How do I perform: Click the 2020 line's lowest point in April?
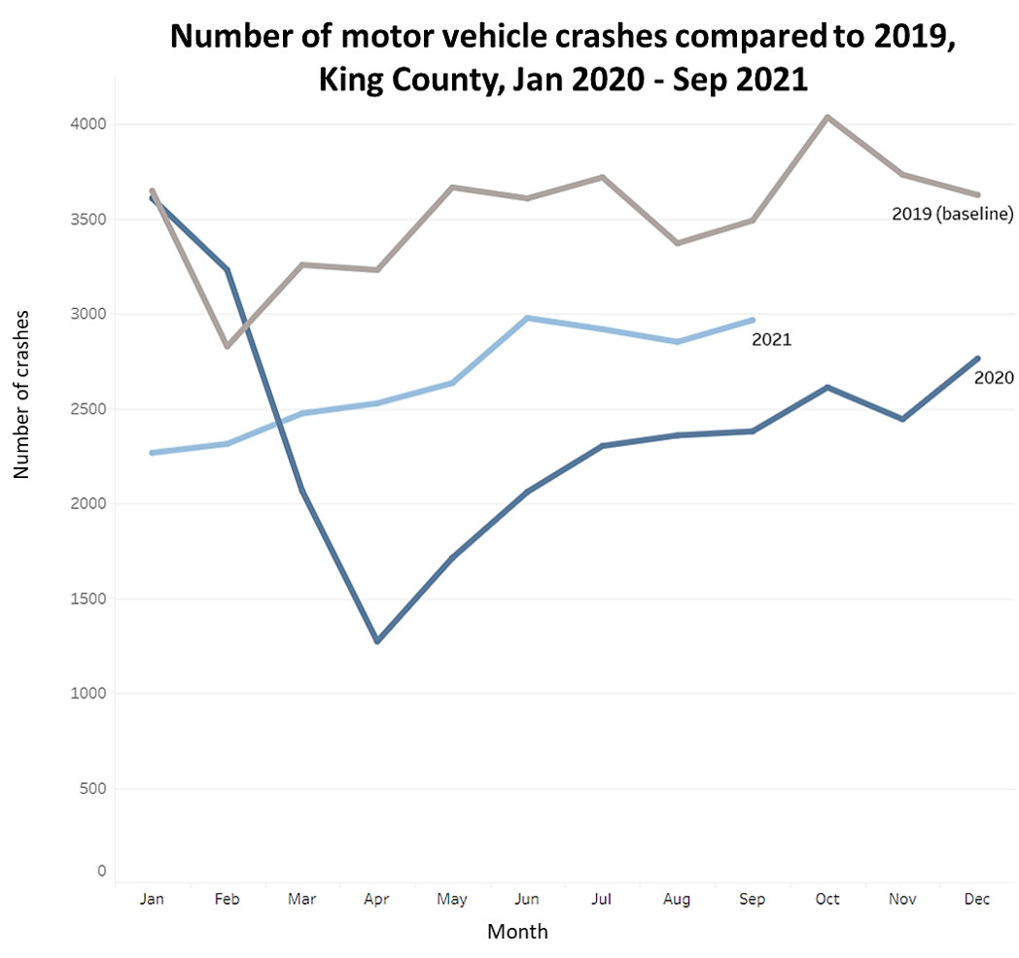(x=376, y=641)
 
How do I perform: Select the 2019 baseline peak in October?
(x=827, y=118)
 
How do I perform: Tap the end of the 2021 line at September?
(x=753, y=320)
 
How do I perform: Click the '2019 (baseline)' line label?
(x=952, y=214)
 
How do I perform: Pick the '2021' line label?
(x=771, y=340)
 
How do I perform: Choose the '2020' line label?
(x=994, y=378)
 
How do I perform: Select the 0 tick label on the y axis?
(x=101, y=872)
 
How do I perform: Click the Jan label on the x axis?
(x=152, y=900)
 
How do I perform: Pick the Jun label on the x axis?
(x=526, y=900)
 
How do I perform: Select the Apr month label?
(x=376, y=900)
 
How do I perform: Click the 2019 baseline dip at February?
(x=227, y=346)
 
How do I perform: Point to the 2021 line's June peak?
(x=526, y=318)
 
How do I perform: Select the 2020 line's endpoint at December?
(x=977, y=359)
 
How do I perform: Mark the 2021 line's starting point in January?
(x=152, y=453)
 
